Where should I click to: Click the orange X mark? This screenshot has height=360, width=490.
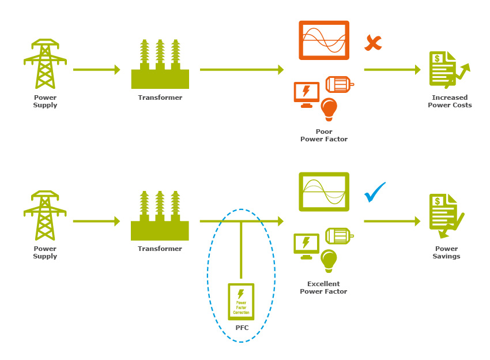point(373,43)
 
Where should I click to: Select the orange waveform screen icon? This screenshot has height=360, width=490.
point(324,40)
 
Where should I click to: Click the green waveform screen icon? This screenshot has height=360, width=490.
point(324,192)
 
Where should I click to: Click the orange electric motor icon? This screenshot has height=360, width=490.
point(339,84)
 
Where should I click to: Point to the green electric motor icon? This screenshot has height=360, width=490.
point(339,236)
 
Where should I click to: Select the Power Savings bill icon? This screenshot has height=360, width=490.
point(447,215)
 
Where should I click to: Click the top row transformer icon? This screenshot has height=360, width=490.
point(160,64)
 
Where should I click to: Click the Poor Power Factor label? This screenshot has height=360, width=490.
point(323,136)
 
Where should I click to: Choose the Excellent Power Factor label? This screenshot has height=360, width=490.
point(323,287)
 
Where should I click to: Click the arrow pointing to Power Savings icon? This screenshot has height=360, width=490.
point(392,221)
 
